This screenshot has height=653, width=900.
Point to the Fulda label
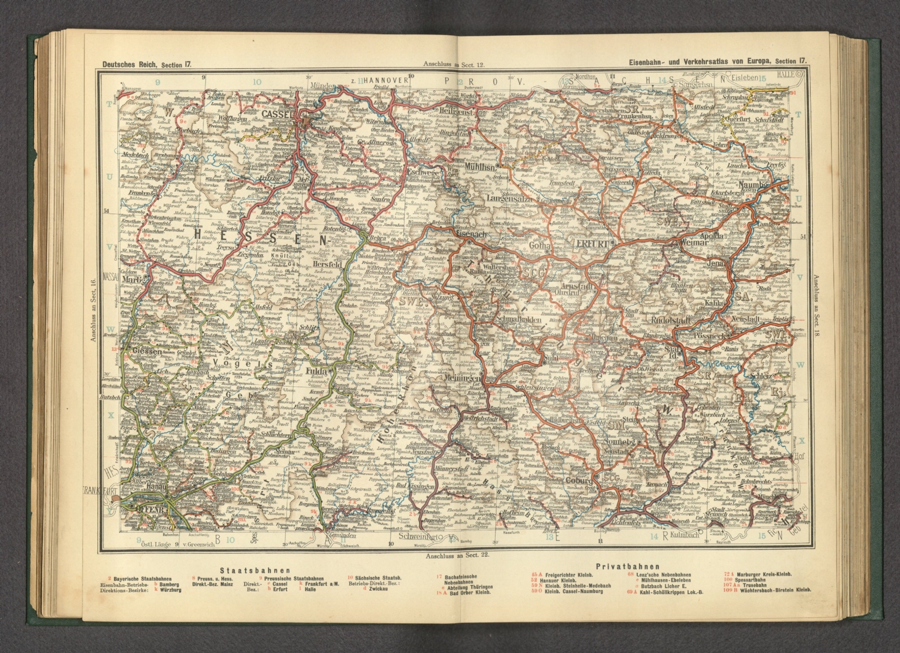318,372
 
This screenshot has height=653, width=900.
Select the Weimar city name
691,242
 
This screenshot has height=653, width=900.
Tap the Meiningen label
464,377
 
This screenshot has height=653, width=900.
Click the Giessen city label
146,351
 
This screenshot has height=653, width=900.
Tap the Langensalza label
509,201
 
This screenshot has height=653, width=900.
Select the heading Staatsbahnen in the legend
255,569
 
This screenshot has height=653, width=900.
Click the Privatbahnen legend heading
628,567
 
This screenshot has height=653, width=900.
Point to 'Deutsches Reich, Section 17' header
147,66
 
